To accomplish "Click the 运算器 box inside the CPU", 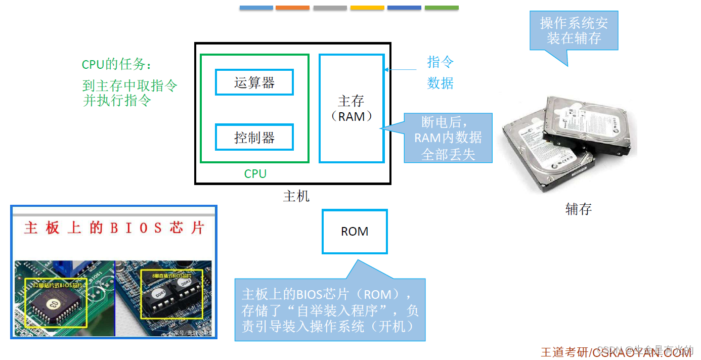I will (254, 82).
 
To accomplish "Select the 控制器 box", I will (254, 137).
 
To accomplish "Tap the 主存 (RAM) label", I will (352, 108).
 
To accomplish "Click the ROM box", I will (355, 232).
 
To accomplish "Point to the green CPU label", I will (255, 174).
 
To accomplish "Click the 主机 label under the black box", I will (296, 196).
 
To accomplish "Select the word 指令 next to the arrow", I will (441, 62).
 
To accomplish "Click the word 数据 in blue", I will (441, 83).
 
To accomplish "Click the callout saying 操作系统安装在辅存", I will (574, 31).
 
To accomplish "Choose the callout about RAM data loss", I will (448, 138).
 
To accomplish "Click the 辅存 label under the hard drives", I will (578, 209).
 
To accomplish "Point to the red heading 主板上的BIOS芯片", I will (114, 228).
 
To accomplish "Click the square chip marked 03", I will (52, 303).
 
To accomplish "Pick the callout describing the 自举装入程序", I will (330, 309).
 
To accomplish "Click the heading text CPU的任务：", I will (116, 65).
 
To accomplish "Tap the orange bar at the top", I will (292, 8).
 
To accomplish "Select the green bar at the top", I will (442, 8).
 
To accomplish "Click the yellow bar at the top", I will (367, 8).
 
